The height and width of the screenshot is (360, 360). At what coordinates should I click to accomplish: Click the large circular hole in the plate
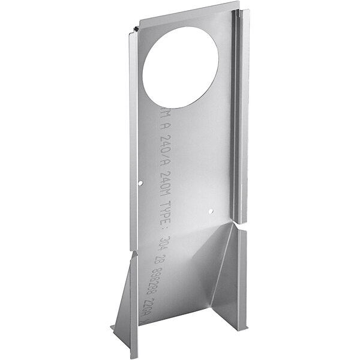(x=181, y=67)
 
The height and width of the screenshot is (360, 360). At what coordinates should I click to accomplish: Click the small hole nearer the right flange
(x=210, y=211)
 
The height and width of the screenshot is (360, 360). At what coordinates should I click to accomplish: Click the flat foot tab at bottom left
(x=116, y=329)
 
